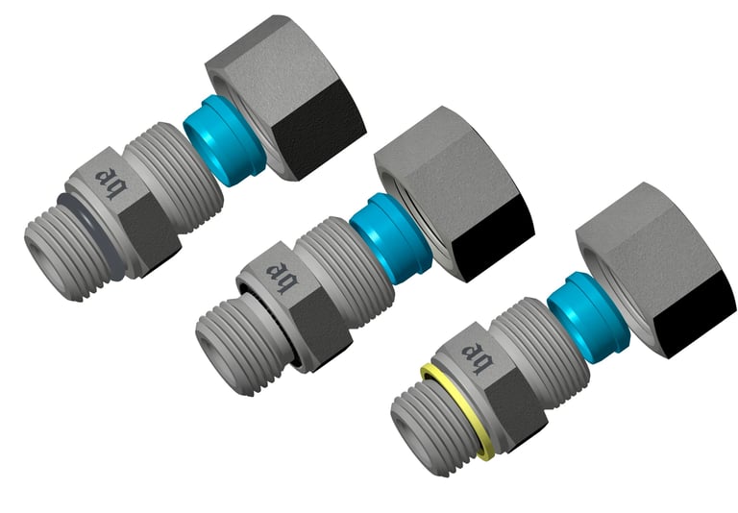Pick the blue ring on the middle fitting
pos(384,230)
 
